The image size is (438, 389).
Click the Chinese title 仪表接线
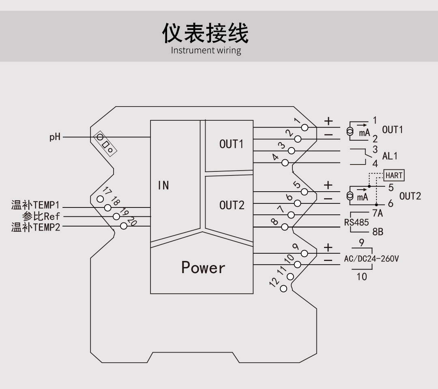pos(205,33)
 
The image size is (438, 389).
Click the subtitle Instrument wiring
pos(206,51)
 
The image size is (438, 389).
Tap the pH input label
pos(55,137)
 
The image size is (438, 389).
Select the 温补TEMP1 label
pos(35,205)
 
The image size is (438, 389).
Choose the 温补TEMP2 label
pos(35,227)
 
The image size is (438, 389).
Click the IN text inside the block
pos(163,185)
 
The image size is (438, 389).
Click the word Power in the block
pos(203,267)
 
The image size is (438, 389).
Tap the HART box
pos(394,175)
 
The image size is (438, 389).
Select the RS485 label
pos(356,222)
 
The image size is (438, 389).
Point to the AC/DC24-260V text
pos(371,259)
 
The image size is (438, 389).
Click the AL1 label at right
pos(390,156)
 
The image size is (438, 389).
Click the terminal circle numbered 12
pos(283,289)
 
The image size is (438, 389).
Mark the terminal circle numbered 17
pos(100,199)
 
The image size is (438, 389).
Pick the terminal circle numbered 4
pos(285,162)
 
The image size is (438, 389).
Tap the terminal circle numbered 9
pos(305,253)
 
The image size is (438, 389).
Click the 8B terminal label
pos(378,232)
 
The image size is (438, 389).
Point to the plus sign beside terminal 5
pos(328,186)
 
